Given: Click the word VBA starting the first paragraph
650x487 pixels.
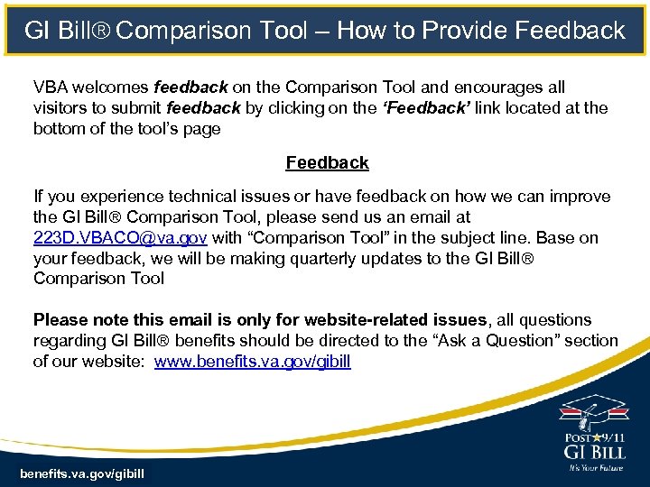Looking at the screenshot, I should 51,87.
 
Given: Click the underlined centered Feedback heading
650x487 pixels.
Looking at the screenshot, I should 327,163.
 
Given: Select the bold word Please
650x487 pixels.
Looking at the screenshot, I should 59,320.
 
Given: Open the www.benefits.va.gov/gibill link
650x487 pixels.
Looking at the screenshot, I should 252,362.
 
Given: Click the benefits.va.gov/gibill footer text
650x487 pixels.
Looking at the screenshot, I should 82,473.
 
